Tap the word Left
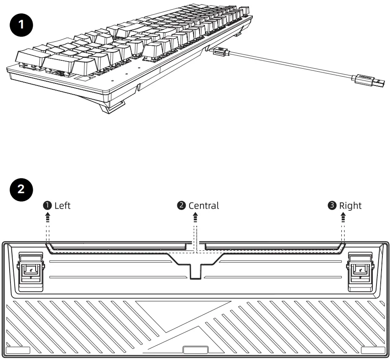[62, 205]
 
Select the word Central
[204, 205]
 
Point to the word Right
[350, 205]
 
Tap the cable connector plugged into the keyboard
[220, 52]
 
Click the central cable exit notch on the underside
[195, 268]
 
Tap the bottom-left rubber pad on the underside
[18, 350]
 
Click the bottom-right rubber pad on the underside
[373, 350]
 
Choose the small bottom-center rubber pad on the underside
[195, 349]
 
